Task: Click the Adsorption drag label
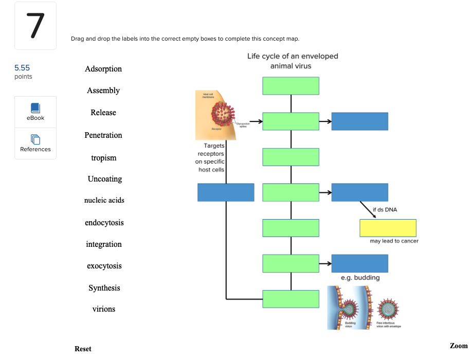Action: click(103, 69)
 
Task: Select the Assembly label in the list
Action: click(103, 91)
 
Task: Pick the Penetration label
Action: click(103, 135)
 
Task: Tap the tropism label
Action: click(104, 158)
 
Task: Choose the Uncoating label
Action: click(105, 179)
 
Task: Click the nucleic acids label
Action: click(104, 200)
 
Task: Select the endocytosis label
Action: click(104, 223)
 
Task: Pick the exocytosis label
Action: click(104, 266)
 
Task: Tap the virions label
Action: click(104, 309)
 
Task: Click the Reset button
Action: click(83, 349)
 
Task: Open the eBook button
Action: click(35, 112)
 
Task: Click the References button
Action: click(35, 143)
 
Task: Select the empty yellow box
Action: click(388, 228)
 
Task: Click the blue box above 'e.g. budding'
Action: click(359, 263)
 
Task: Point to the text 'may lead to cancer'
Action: click(394, 241)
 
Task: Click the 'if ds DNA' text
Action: click(385, 209)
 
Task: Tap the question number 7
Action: click(35, 26)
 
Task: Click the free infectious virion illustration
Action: click(388, 310)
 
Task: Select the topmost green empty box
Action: click(291, 86)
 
